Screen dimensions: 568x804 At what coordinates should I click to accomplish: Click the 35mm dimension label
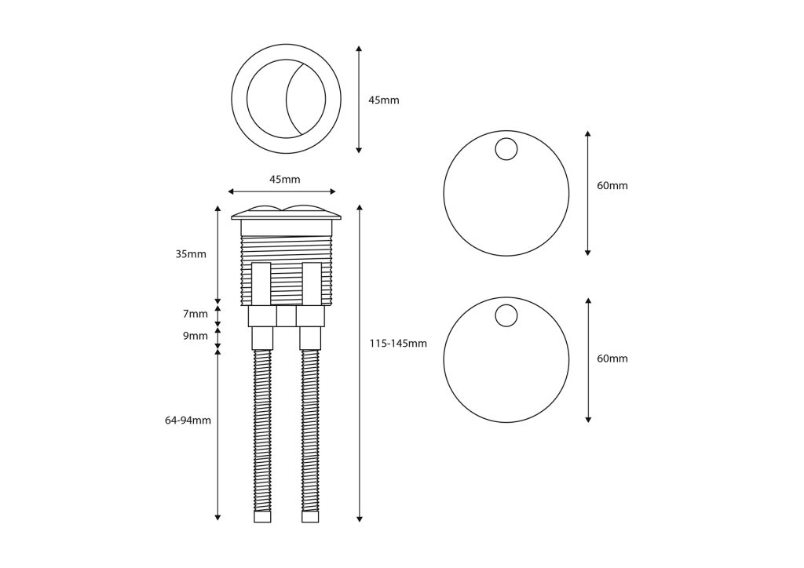pos(191,254)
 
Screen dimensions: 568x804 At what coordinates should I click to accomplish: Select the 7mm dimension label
pos(196,314)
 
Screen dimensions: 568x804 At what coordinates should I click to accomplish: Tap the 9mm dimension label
pos(196,336)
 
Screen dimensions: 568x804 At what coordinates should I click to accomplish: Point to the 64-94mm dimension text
pos(188,421)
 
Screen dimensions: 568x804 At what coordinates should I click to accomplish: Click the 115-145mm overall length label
pos(398,344)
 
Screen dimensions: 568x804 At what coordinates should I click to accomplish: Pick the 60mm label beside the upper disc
pos(612,186)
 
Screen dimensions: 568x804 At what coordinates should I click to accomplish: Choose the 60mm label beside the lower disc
pos(612,359)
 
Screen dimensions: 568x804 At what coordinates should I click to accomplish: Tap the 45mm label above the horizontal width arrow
pos(284,180)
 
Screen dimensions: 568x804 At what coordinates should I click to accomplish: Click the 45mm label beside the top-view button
pos(384,100)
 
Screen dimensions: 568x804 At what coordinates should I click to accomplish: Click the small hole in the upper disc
pos(506,149)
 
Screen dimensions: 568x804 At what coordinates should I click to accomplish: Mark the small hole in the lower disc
pos(506,316)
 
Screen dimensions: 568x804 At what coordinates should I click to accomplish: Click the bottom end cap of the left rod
pos(262,517)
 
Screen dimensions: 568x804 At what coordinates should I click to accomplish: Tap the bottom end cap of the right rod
pos(311,517)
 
